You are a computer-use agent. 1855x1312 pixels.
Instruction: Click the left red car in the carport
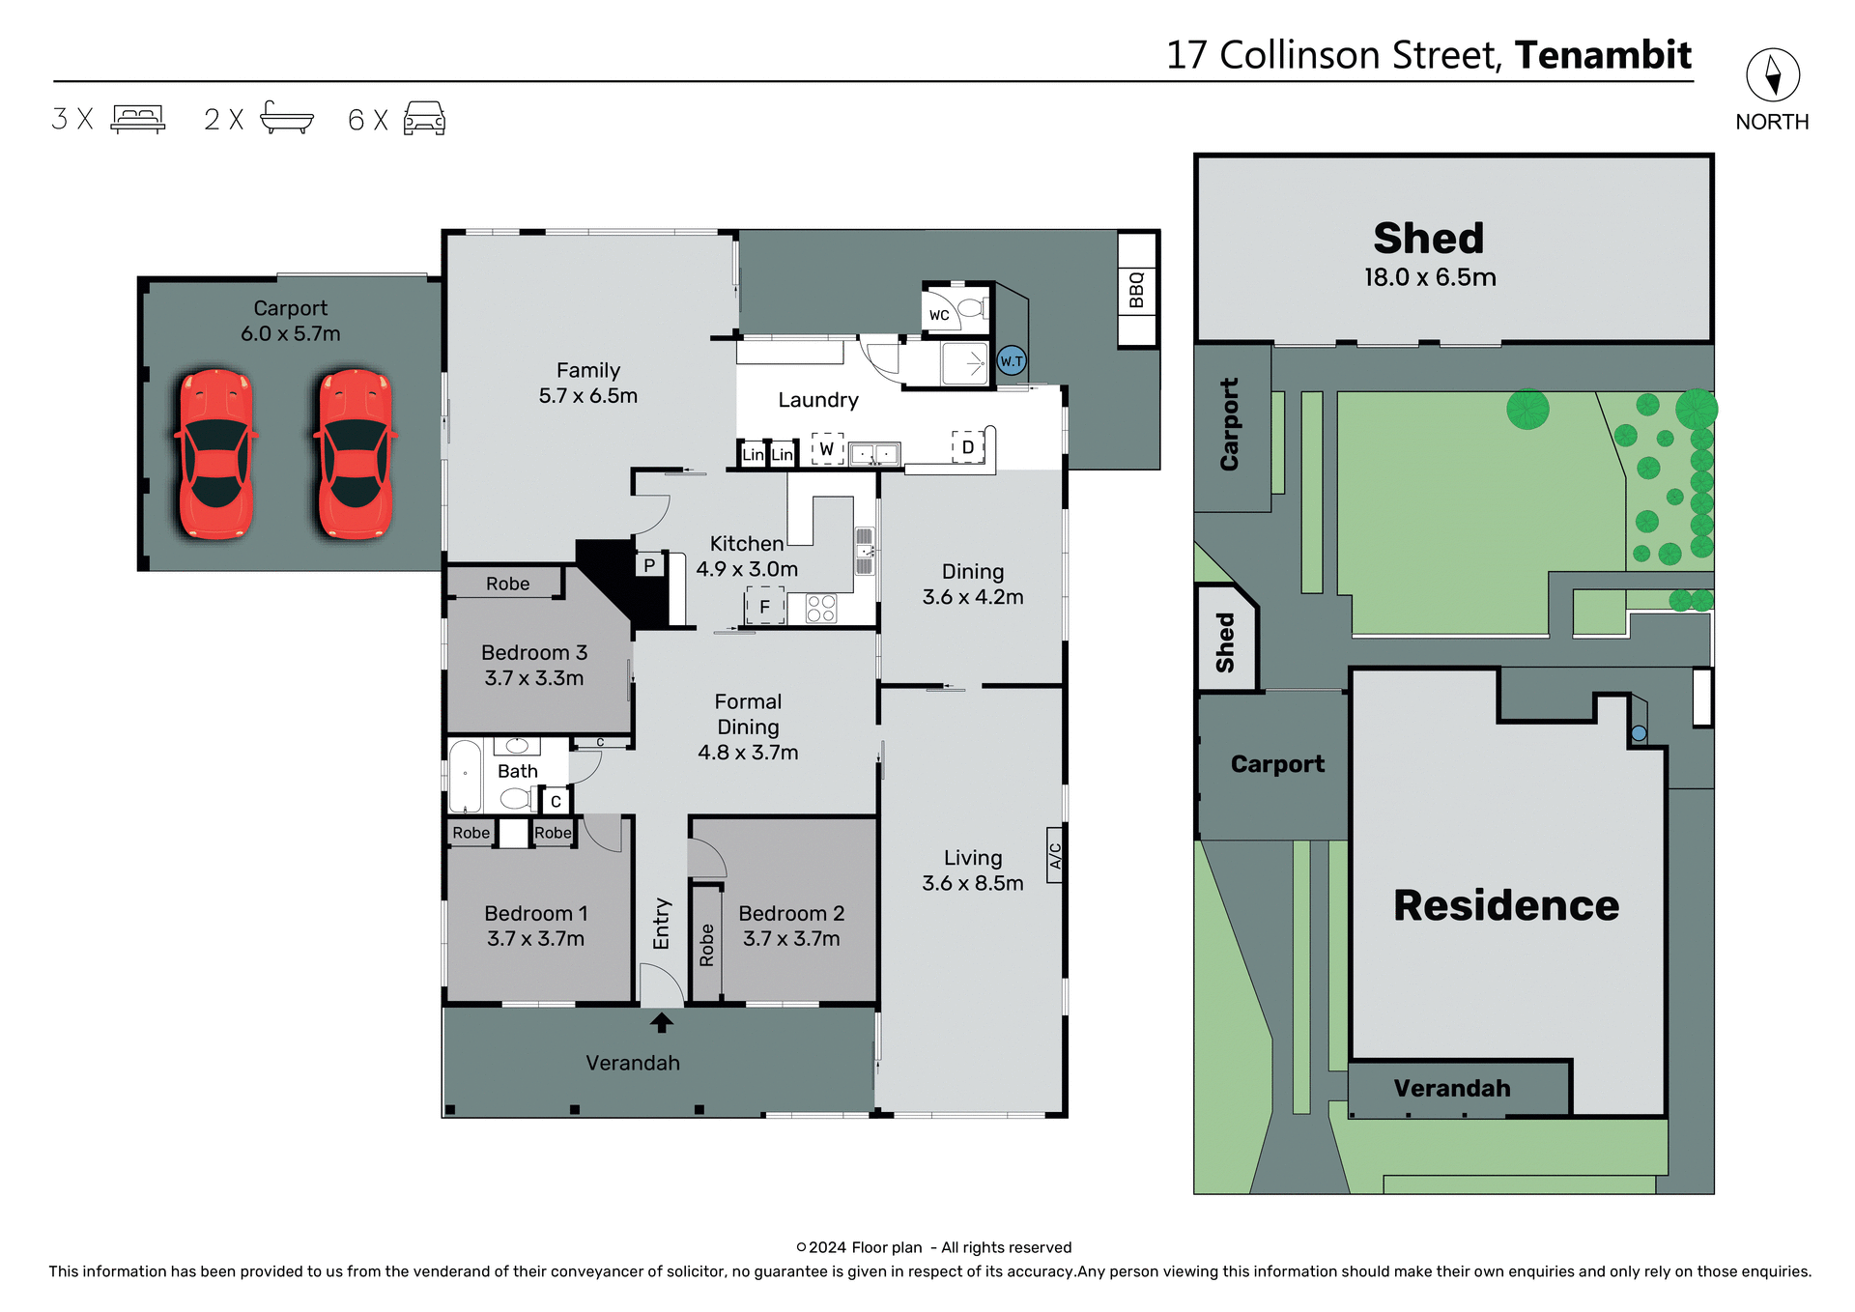click(215, 454)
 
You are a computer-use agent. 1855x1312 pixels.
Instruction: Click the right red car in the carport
click(355, 454)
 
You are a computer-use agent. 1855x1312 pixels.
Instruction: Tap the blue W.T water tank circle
click(1011, 361)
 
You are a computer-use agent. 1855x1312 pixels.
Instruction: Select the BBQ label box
click(1136, 290)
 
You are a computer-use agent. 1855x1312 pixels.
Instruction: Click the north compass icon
click(1772, 75)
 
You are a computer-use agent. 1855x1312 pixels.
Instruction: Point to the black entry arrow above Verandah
click(662, 1022)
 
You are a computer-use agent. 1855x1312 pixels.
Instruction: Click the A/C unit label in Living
click(1055, 856)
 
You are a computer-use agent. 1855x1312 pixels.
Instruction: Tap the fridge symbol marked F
click(764, 607)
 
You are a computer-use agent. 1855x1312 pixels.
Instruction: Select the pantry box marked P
click(649, 565)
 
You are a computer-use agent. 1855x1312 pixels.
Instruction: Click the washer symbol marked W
click(827, 449)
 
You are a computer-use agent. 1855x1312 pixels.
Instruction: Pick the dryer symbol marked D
click(967, 447)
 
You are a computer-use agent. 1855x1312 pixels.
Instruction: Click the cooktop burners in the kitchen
click(821, 609)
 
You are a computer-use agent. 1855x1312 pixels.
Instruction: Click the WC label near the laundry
click(939, 315)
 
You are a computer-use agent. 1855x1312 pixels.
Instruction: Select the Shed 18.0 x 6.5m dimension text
click(1430, 277)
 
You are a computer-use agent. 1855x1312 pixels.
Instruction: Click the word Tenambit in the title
click(1603, 55)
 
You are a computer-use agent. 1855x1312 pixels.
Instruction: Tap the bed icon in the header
click(138, 119)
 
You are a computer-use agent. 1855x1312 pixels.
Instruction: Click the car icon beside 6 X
click(424, 119)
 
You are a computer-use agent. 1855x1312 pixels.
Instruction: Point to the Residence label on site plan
click(1505, 905)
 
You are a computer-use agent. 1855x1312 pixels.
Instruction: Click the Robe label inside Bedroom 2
click(706, 945)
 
